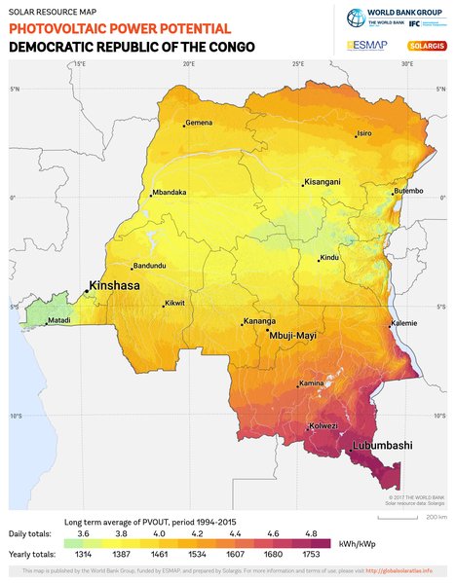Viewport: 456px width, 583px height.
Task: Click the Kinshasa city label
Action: coord(115,287)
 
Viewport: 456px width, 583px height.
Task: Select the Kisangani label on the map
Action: coord(323,182)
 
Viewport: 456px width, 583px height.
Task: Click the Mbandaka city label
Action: coord(170,193)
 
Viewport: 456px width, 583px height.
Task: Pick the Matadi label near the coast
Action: coord(58,320)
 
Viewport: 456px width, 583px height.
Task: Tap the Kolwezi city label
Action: coord(323,426)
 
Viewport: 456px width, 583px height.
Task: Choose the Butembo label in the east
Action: coord(408,191)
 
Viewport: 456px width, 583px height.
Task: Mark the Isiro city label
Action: coord(364,133)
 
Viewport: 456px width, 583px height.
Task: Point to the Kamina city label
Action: coord(312,383)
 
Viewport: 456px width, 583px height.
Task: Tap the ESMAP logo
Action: coord(366,46)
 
